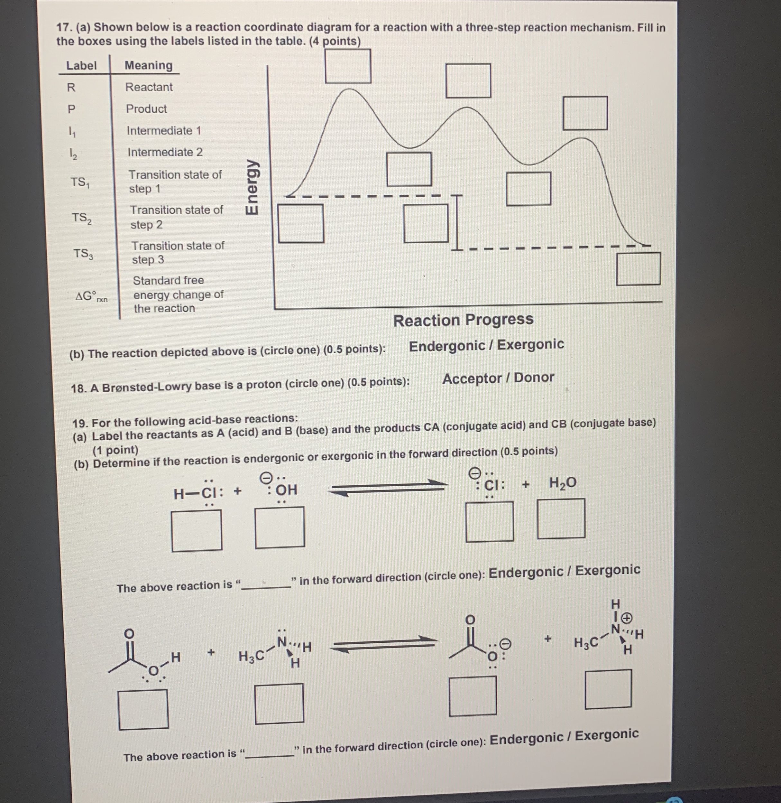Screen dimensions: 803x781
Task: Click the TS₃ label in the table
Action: click(83, 254)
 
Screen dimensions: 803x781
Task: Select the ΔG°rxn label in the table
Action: click(91, 296)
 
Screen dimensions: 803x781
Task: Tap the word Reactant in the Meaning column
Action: click(149, 87)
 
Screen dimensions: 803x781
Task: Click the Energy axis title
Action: click(252, 187)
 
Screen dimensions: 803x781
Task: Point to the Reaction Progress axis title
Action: click(463, 320)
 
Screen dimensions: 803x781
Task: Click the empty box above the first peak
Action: click(348, 66)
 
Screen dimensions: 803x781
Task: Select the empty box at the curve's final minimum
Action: click(638, 269)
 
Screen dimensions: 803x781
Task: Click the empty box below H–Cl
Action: click(197, 530)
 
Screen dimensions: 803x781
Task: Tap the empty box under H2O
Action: click(561, 518)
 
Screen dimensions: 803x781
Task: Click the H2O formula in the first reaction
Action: click(562, 483)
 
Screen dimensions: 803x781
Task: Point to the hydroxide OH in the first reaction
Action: click(286, 490)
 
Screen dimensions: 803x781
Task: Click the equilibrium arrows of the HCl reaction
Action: click(388, 488)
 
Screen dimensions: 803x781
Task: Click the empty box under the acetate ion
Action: click(473, 696)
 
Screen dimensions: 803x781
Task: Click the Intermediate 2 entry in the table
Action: click(165, 152)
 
